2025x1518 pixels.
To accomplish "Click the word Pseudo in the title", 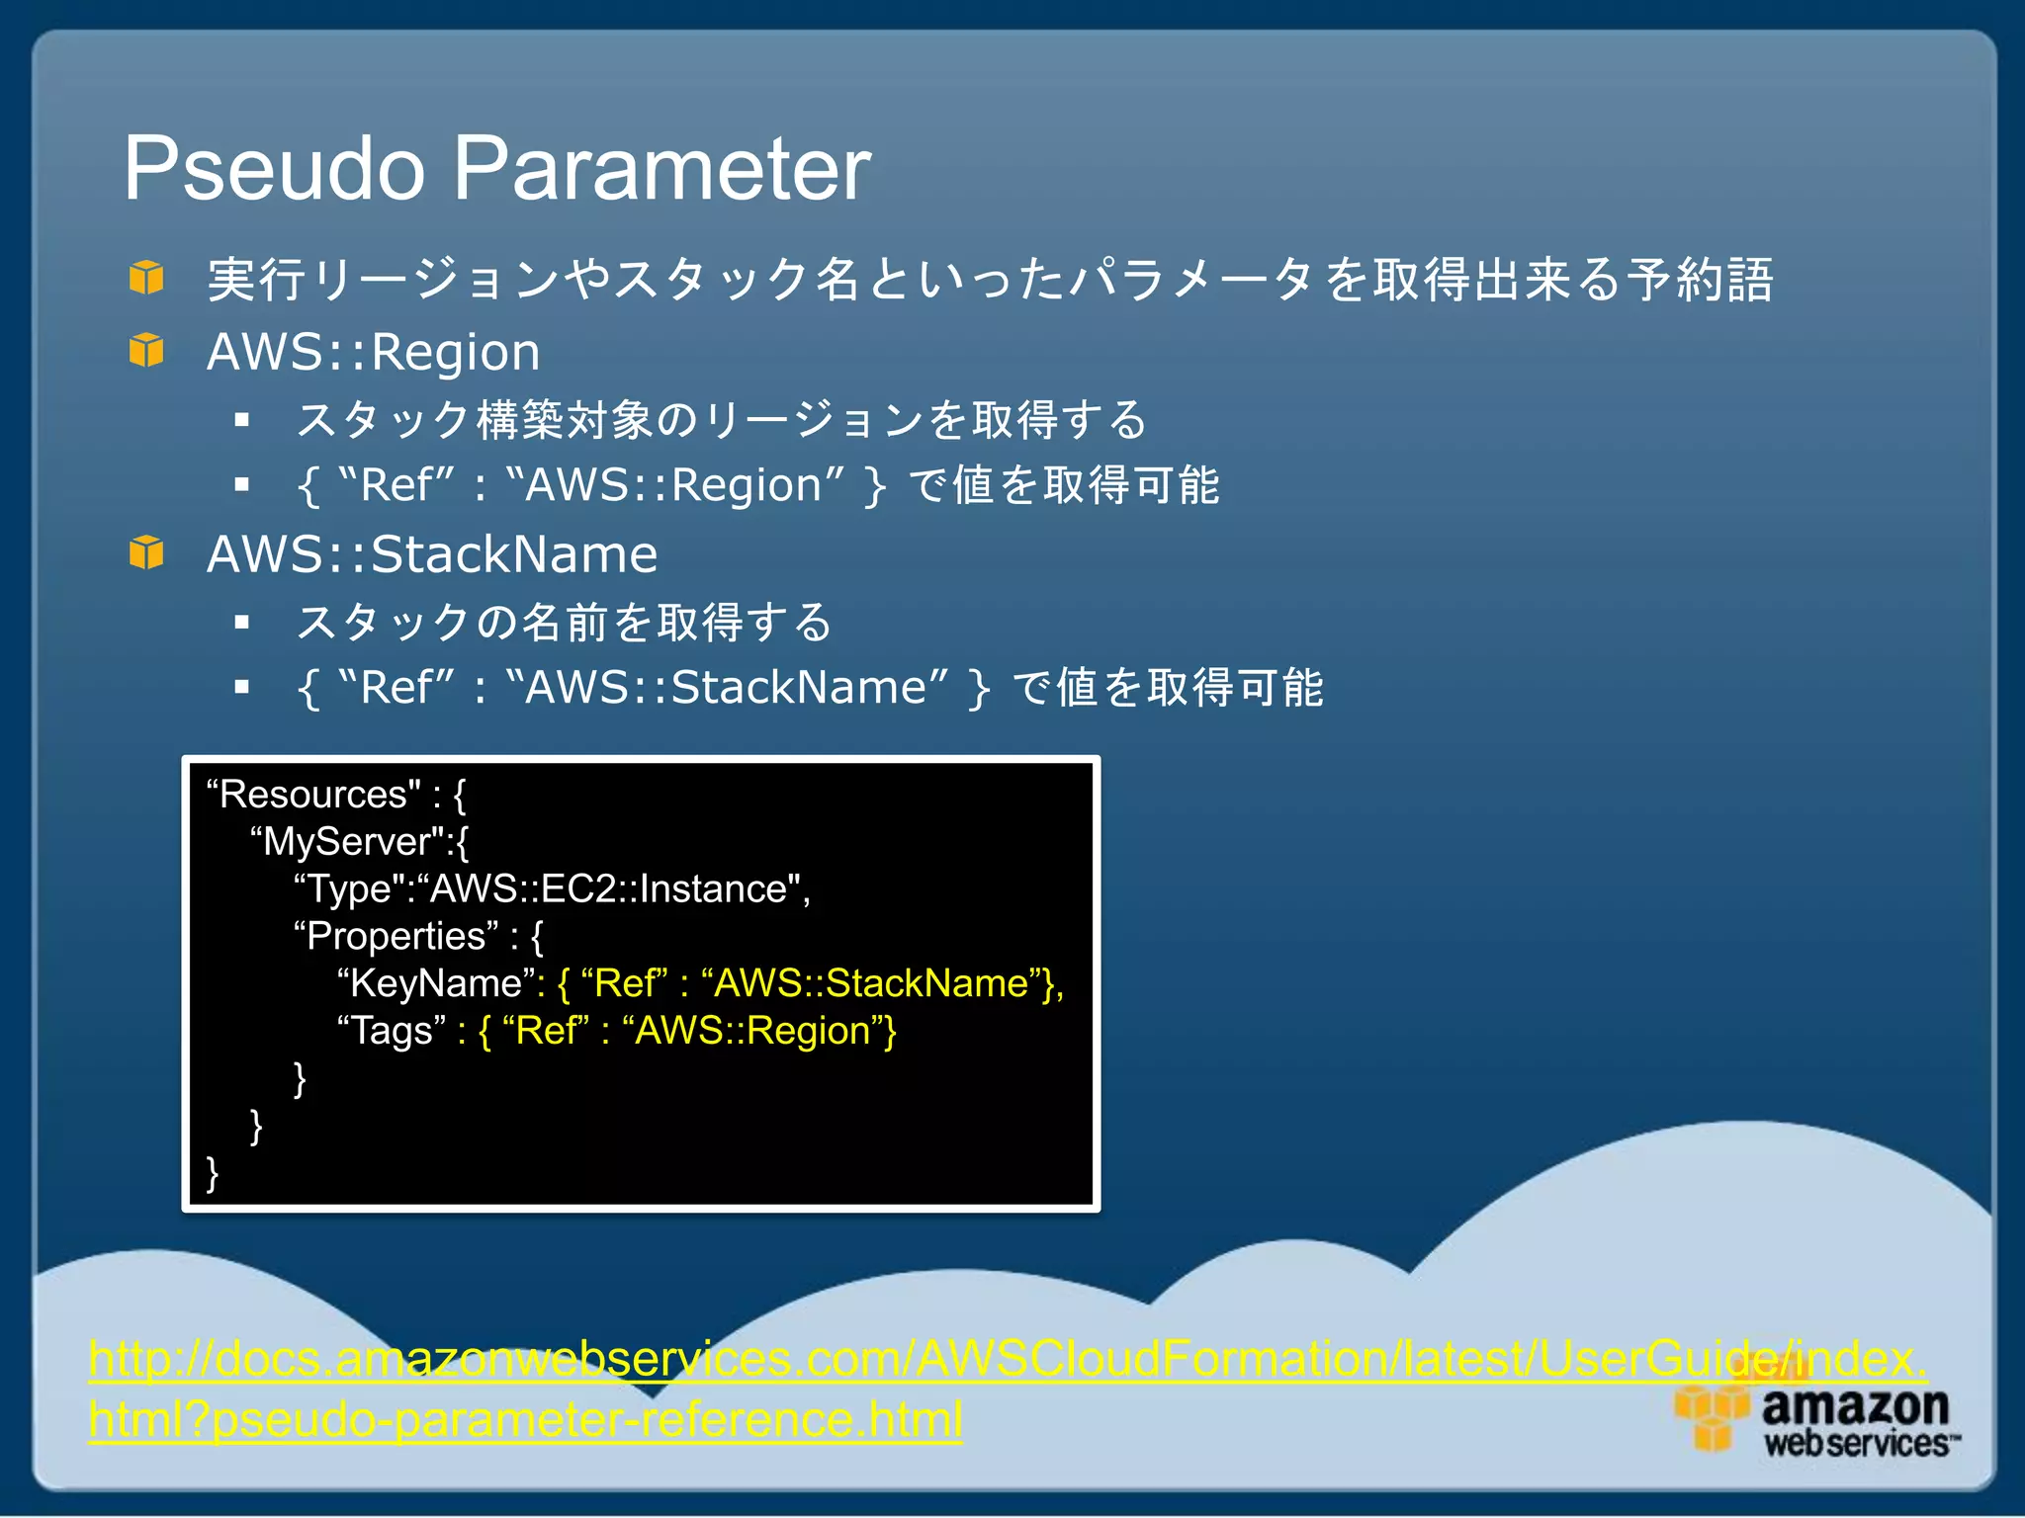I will (x=274, y=170).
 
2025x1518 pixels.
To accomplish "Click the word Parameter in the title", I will (x=661, y=170).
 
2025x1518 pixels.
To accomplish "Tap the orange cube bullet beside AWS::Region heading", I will (x=146, y=350).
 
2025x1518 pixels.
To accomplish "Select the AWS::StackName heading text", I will (x=432, y=554).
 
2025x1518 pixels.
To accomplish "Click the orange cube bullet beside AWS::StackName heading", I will (x=146, y=552).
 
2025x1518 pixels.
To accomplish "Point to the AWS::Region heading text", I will (x=374, y=353).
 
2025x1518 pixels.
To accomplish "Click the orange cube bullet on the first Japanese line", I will (x=146, y=278).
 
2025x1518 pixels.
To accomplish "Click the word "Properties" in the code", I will (x=396, y=936).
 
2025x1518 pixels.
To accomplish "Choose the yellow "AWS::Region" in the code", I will (x=751, y=1031).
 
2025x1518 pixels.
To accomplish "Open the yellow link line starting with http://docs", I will (x=1007, y=1359).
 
